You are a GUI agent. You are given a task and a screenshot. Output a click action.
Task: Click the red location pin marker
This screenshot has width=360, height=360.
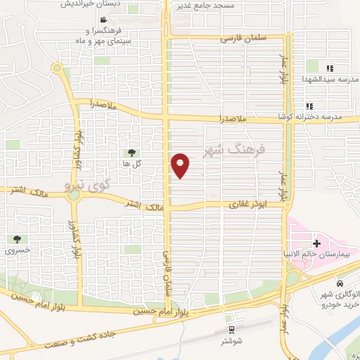181,165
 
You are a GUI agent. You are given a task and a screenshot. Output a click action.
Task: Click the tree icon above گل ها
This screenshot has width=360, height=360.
131,152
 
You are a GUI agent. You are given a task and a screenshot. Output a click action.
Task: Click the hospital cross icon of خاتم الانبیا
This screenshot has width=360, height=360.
317,244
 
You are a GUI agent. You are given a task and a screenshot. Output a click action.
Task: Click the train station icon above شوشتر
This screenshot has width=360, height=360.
230,330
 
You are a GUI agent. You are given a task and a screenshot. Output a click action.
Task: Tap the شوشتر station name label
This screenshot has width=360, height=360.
230,342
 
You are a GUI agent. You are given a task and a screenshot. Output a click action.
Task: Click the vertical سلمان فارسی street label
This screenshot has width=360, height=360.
167,274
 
